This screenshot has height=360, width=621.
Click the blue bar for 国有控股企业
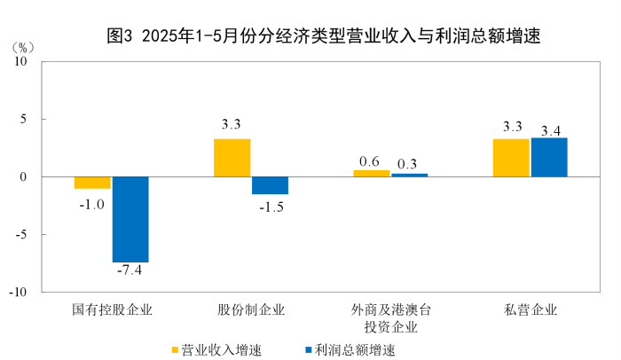click(x=130, y=219)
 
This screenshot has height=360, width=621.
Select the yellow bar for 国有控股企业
click(x=92, y=183)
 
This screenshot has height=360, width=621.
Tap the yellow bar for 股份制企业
click(x=232, y=158)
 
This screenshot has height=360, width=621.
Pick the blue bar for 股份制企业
click(x=270, y=185)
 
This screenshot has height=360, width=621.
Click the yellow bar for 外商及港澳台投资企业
click(x=372, y=173)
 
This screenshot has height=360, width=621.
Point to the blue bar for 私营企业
click(x=549, y=157)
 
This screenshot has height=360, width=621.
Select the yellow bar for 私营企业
click(x=512, y=158)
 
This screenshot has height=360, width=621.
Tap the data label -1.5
click(x=270, y=206)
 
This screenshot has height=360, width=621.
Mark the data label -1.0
click(x=92, y=203)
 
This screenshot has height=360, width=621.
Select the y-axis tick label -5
click(x=23, y=235)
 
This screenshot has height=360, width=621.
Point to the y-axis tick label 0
click(x=26, y=177)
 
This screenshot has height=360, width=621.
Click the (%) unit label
click(x=25, y=45)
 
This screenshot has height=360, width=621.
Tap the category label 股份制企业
click(x=251, y=309)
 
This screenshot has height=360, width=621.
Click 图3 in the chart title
click(x=120, y=36)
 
